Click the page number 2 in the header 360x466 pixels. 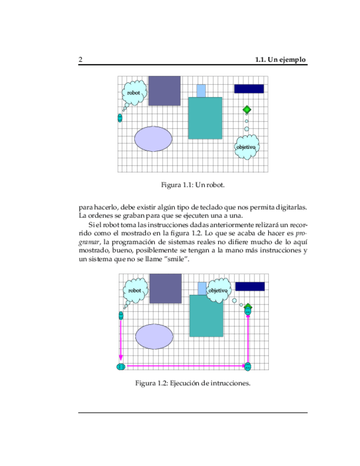[81, 59]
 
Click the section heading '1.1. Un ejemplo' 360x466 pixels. [280, 59]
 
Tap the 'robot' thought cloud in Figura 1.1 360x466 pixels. [134, 93]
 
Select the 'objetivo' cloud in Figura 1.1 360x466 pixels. [246, 147]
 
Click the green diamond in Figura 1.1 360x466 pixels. [247, 110]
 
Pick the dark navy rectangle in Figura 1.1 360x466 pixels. [249, 88]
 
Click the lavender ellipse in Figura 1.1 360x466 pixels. [153, 138]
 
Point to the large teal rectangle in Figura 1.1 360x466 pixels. [205, 118]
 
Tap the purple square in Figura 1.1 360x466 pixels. [164, 90]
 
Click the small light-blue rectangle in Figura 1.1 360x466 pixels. [201, 91]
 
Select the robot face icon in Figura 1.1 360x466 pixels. [120, 118]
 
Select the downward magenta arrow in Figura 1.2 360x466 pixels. [121, 341]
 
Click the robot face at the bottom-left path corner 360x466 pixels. [121, 366]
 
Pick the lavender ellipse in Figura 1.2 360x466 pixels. [154, 336]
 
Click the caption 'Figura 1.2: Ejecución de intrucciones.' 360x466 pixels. [193, 383]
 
